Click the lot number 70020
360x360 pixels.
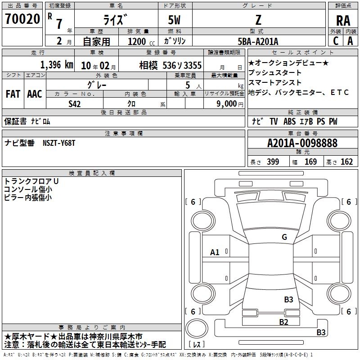22,20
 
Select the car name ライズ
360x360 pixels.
116,20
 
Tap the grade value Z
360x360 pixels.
258,20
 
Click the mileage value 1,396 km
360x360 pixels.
56,65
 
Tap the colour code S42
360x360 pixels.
75,104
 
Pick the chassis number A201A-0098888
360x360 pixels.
302,143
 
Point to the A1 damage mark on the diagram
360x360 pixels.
215,252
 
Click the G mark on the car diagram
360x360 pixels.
284,237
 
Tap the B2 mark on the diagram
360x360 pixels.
283,321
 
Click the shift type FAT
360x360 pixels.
13,94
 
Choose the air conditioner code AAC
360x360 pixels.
34,94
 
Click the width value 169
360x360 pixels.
310,162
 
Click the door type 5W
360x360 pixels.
175,21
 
